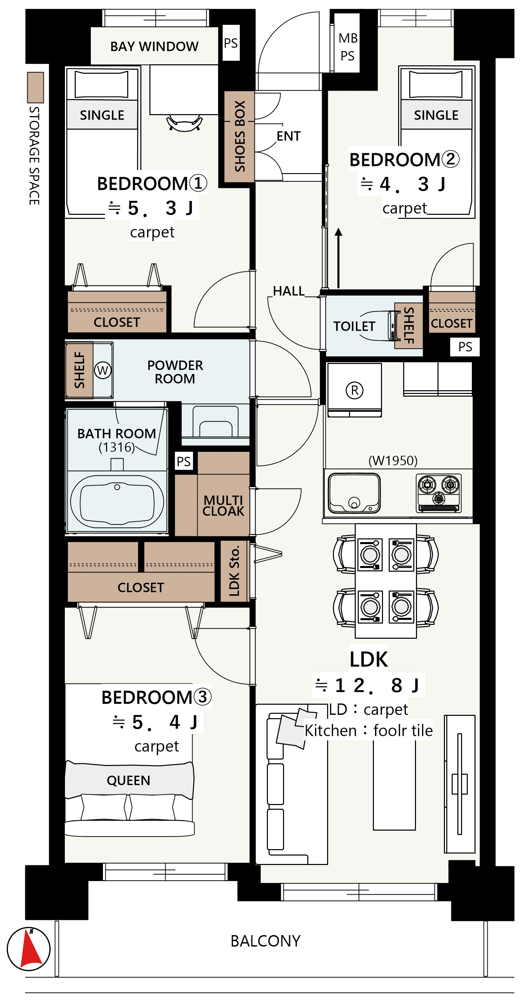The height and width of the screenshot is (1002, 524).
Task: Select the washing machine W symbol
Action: (x=103, y=370)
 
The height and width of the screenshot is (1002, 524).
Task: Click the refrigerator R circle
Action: (x=354, y=390)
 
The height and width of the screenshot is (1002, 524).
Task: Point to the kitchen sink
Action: (x=354, y=493)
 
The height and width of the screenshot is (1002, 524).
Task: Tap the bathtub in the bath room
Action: (x=117, y=501)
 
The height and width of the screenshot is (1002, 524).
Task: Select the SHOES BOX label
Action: (x=240, y=136)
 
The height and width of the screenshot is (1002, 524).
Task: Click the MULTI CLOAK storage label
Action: (x=223, y=505)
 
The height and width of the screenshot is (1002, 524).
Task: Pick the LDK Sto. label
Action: (x=234, y=571)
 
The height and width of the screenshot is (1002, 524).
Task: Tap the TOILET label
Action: (x=354, y=326)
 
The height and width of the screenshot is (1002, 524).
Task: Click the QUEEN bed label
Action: (x=128, y=780)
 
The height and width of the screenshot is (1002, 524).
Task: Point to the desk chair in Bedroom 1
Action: (x=184, y=123)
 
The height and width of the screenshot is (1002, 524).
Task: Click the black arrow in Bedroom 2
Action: (x=339, y=258)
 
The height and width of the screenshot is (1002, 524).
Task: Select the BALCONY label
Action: (x=266, y=941)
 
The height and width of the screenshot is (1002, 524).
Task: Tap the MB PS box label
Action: (x=348, y=47)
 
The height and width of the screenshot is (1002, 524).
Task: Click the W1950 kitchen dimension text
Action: (x=393, y=461)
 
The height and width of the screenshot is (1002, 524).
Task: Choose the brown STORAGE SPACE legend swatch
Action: (x=35, y=88)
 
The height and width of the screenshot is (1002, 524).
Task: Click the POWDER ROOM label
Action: (x=175, y=372)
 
